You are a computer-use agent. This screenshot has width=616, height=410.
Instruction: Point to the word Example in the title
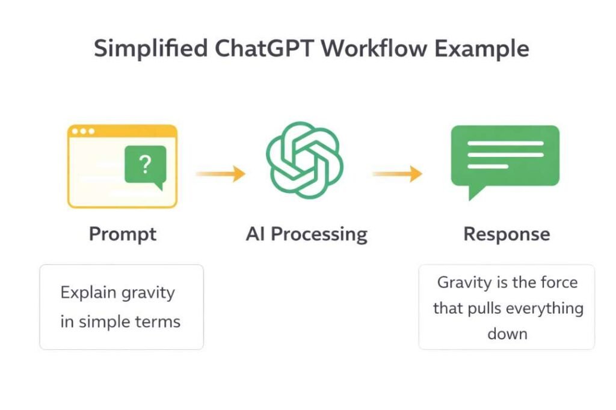(484, 49)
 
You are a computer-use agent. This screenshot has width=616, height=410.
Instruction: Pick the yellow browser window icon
(122, 167)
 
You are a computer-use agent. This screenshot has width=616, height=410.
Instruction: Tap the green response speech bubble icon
(505, 158)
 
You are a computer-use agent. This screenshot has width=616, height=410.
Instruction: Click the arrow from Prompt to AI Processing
(220, 174)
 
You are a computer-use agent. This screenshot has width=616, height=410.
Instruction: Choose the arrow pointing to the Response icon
(397, 174)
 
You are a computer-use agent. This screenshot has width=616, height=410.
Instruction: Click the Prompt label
(123, 234)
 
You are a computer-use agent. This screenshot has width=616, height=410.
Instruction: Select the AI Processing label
(306, 234)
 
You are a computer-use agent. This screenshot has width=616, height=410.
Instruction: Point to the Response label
(507, 234)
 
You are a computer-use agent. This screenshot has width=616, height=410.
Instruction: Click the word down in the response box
(507, 334)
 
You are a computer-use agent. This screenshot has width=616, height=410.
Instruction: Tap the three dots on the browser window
(82, 131)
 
